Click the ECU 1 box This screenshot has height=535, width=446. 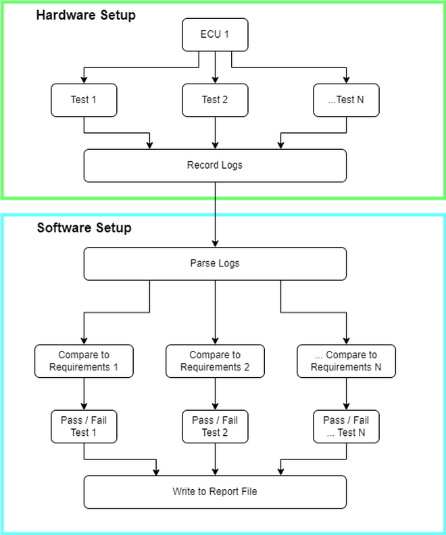point(215,34)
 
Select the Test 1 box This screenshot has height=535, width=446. point(84,100)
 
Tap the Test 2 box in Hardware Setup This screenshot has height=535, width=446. point(215,100)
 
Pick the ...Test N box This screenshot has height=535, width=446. point(346,100)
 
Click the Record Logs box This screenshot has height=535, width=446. point(215,165)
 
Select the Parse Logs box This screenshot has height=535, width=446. point(215,263)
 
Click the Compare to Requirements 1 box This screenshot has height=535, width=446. point(84,361)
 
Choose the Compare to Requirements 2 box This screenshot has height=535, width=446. point(215,361)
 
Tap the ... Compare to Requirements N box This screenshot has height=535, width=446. point(346,361)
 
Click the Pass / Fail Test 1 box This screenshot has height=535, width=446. point(84,426)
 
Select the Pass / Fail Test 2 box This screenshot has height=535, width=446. point(215,426)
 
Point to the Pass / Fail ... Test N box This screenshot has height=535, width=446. point(346,426)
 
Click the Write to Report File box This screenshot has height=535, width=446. point(215,492)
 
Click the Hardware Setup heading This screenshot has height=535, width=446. point(86,15)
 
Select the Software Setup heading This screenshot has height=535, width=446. point(84,227)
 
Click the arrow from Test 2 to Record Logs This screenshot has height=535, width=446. point(215,133)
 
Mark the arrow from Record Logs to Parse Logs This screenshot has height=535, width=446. point(215,223)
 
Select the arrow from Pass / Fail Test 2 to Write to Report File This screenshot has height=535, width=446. point(215,459)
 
